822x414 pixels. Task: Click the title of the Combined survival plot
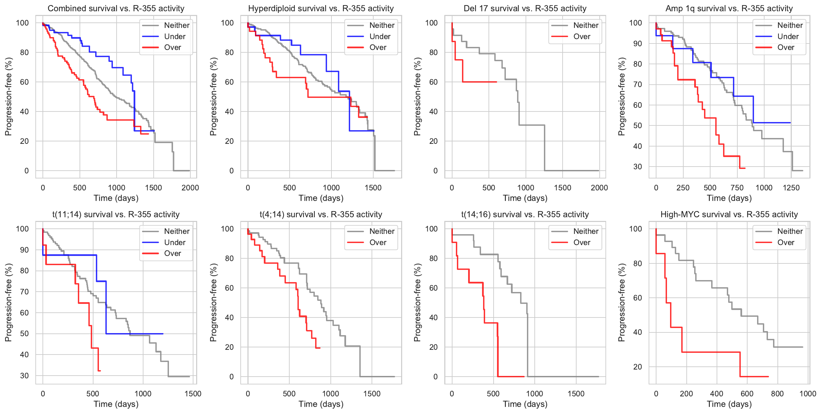116,8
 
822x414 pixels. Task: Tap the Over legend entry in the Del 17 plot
582,36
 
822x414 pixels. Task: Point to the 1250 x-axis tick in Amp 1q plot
791,188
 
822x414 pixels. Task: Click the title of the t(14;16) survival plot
525,214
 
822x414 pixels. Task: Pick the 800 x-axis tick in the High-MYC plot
777,394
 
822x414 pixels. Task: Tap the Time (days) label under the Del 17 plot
525,198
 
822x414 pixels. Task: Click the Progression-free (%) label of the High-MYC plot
621,303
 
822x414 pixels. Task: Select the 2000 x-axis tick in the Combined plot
190,188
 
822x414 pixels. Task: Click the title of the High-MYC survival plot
729,214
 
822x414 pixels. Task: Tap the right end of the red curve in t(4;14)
320,348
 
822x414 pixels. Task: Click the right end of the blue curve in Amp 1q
790,123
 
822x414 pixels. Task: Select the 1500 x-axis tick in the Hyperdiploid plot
373,188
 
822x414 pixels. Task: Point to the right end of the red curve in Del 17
496,82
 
